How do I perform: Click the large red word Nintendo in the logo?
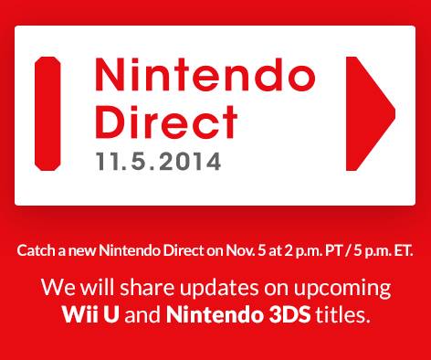point(205,74)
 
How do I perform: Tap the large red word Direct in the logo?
point(166,122)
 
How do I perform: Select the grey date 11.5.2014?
point(158,162)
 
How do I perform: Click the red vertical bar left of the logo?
point(47,113)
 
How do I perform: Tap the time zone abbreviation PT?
point(334,250)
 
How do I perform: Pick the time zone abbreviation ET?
point(404,250)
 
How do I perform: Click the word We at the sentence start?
point(58,288)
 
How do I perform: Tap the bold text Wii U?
point(90,314)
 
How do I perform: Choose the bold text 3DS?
point(289,314)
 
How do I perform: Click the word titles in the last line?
point(342,314)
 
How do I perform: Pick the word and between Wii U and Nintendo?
point(142,314)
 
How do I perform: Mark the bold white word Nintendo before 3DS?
point(215,314)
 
